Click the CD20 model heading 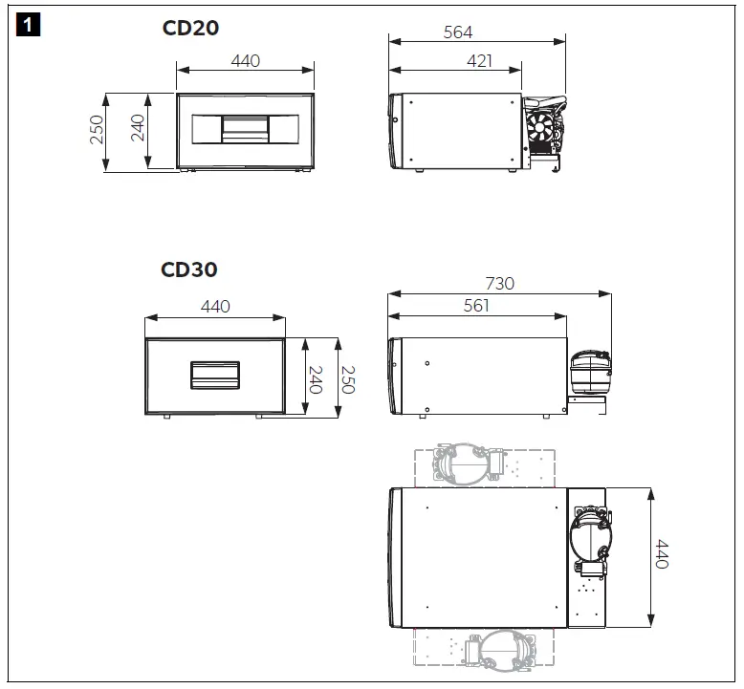pyautogui.click(x=190, y=28)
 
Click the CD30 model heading pyautogui.click(x=188, y=269)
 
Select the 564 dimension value pyautogui.click(x=458, y=32)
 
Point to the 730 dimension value pyautogui.click(x=499, y=283)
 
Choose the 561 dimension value pyautogui.click(x=475, y=306)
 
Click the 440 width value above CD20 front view pyautogui.click(x=246, y=61)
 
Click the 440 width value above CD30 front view pyautogui.click(x=215, y=307)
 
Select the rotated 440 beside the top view pyautogui.click(x=661, y=552)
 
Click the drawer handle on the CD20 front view pyautogui.click(x=246, y=129)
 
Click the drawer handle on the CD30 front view pyautogui.click(x=215, y=375)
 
